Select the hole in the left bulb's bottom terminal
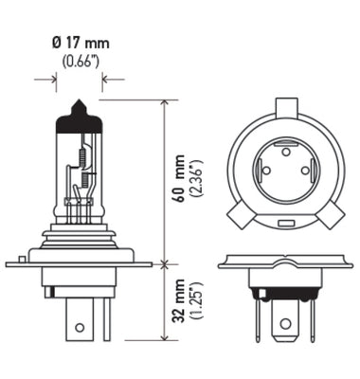click(x=80, y=328)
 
